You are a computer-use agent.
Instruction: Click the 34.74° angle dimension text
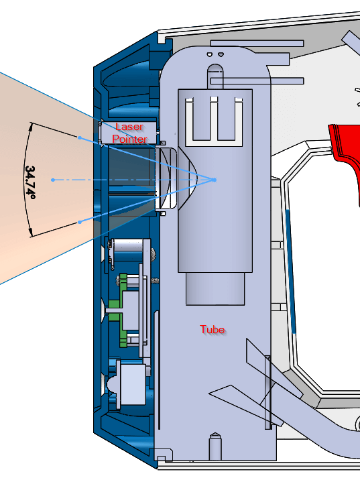click(x=30, y=182)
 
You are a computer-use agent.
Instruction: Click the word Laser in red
click(x=129, y=127)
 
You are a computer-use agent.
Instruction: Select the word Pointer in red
click(x=130, y=139)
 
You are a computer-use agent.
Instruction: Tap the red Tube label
click(x=212, y=329)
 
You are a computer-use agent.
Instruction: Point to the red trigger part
click(x=346, y=153)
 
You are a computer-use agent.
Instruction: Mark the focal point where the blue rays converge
click(x=214, y=180)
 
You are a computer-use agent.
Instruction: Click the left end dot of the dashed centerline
click(x=53, y=180)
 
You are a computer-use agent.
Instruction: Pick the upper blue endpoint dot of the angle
click(x=80, y=137)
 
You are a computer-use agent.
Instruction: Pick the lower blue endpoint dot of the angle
click(x=80, y=222)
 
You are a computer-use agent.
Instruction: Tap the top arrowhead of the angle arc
click(x=30, y=127)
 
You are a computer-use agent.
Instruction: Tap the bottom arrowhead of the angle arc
click(x=30, y=233)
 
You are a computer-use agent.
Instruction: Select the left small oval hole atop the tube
click(x=210, y=54)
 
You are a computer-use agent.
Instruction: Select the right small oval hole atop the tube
click(x=221, y=54)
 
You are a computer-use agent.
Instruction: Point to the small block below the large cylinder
click(x=215, y=289)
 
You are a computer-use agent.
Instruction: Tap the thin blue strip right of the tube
click(x=291, y=271)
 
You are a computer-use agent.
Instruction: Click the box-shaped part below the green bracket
click(x=131, y=383)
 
